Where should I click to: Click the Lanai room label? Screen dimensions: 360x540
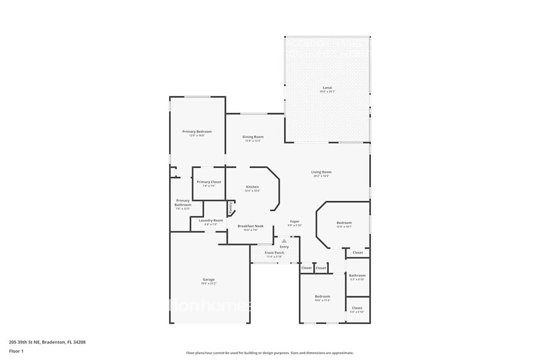[327, 88]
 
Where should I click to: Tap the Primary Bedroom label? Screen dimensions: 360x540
[197, 131]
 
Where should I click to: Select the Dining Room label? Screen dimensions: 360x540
[253, 137]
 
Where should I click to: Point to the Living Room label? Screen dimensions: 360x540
[321, 172]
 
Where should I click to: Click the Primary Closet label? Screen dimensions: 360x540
[209, 182]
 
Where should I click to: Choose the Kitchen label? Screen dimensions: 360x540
[252, 187]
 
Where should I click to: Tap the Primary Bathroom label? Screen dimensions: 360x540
[183, 203]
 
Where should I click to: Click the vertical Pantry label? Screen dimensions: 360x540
[230, 208]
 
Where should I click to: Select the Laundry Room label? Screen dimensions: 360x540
[210, 220]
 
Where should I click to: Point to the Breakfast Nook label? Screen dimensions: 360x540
[250, 226]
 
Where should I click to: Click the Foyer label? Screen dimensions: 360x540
[294, 221]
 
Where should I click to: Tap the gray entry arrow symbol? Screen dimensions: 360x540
[284, 241]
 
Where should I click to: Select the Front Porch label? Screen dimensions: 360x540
[274, 252]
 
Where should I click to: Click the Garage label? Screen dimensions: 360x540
[209, 280]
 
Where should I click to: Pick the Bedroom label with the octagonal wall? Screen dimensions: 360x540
[343, 223]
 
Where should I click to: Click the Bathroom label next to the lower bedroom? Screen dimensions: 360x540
[357, 275]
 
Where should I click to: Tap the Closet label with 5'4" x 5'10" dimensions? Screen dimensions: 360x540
[357, 308]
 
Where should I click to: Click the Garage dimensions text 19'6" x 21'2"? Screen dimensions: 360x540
[209, 283]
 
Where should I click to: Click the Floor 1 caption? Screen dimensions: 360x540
[16, 351]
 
